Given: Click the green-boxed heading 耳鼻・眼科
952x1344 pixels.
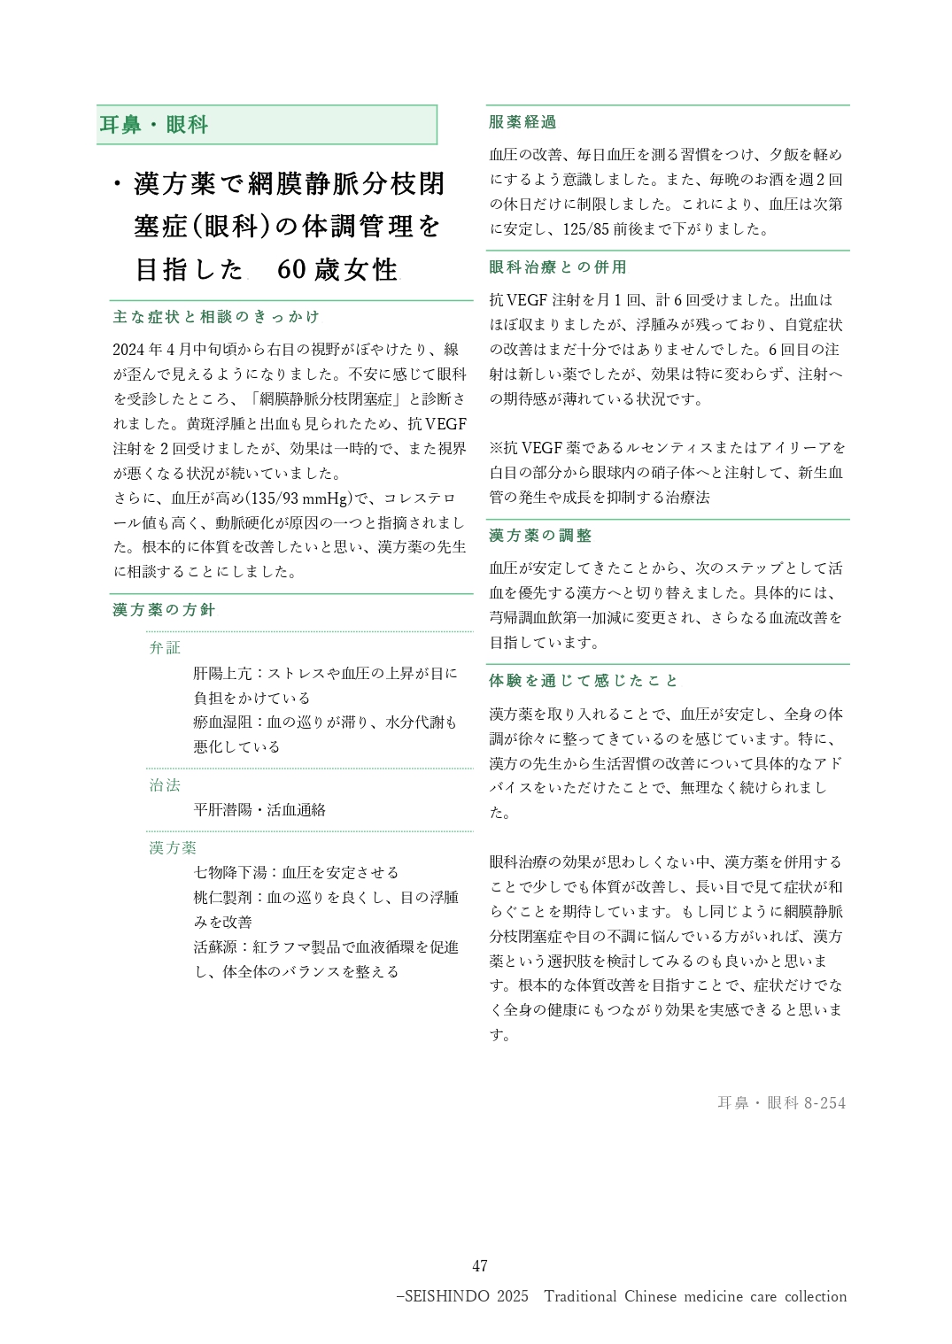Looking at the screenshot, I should click(x=154, y=125).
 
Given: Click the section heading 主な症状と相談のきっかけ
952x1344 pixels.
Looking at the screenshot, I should click(x=216, y=317).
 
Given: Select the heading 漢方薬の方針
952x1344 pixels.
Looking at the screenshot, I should click(x=164, y=610).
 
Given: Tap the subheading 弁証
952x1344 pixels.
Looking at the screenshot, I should click(x=165, y=648).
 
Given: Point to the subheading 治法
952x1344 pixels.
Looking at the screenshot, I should click(x=165, y=785).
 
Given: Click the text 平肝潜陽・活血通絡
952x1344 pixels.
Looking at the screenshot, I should click(x=259, y=810).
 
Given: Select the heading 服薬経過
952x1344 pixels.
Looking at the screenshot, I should click(x=522, y=122).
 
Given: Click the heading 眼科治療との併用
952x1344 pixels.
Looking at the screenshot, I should click(x=558, y=267).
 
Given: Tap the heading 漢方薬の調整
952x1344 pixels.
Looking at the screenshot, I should click(x=540, y=536).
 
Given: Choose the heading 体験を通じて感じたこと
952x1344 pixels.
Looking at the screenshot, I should click(x=584, y=681).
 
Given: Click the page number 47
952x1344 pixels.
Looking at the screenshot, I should click(x=480, y=1266).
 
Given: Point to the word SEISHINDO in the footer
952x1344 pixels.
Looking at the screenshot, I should click(x=446, y=1296).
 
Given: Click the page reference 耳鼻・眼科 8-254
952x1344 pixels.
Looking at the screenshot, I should click(x=781, y=1103).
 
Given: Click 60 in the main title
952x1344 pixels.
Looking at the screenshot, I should click(x=291, y=269).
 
